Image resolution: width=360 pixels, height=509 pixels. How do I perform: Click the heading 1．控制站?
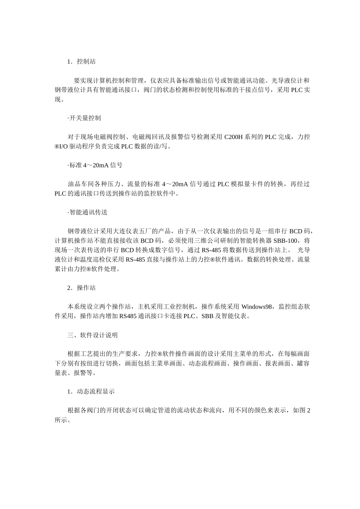(81, 61)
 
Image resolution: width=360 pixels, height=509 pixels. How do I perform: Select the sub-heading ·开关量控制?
(84, 118)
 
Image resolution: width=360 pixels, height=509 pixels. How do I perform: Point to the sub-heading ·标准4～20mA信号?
(95, 165)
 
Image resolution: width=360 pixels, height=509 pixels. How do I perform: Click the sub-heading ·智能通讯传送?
(88, 212)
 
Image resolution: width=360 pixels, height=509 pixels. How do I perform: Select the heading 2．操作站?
(81, 288)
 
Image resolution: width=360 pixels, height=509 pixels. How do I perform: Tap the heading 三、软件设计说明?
(92, 335)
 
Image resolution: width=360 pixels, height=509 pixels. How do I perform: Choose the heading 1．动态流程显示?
(91, 392)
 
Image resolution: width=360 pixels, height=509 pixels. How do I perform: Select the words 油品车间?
(80, 184)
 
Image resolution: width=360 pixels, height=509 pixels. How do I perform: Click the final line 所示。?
(63, 420)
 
